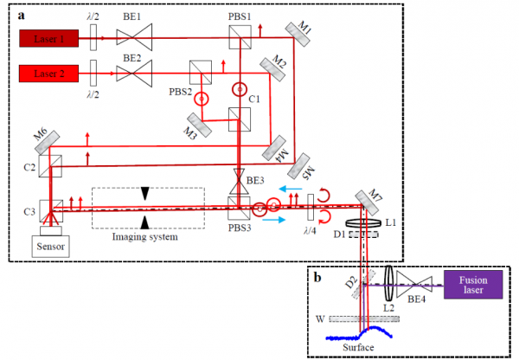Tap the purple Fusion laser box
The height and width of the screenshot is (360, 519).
pyautogui.click(x=472, y=283)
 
